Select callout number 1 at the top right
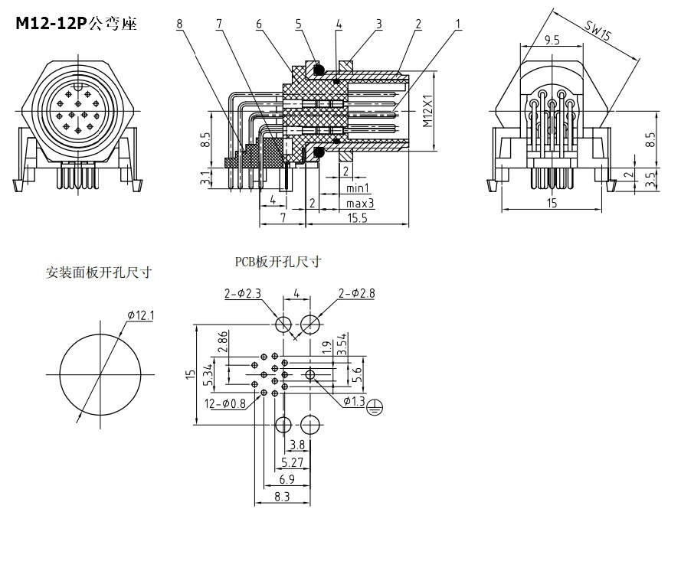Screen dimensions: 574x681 [458, 24]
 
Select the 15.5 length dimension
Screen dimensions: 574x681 [357, 218]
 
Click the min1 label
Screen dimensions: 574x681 [358, 188]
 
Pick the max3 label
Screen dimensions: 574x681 [359, 204]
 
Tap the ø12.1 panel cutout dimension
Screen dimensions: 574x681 [141, 315]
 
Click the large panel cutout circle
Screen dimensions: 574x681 [100, 373]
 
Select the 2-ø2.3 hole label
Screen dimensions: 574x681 [242, 292]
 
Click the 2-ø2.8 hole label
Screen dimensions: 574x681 [356, 292]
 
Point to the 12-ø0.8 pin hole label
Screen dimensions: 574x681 [224, 403]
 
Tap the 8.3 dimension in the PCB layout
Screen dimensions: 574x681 [282, 496]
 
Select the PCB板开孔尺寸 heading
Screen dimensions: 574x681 [277, 262]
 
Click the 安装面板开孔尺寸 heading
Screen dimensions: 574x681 [98, 272]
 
